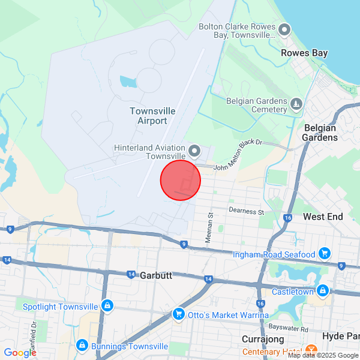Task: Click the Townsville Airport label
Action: [152, 116]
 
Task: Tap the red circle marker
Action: [180, 180]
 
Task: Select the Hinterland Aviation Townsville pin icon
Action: [194, 150]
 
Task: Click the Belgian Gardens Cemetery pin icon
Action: [296, 105]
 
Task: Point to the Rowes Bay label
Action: [304, 53]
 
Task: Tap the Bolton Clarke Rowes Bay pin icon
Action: [284, 29]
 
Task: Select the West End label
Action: [323, 216]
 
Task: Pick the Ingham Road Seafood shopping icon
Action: [325, 254]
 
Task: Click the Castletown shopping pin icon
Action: [323, 291]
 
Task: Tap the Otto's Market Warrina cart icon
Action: [178, 314]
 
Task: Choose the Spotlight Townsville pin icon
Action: [107, 306]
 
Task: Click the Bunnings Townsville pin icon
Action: [82, 346]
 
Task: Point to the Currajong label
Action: [262, 339]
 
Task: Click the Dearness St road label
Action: [246, 211]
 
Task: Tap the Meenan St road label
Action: [209, 227]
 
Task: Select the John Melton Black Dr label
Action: [238, 155]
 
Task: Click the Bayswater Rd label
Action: [288, 328]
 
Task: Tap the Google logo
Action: [20, 353]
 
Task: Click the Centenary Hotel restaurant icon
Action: [311, 350]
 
